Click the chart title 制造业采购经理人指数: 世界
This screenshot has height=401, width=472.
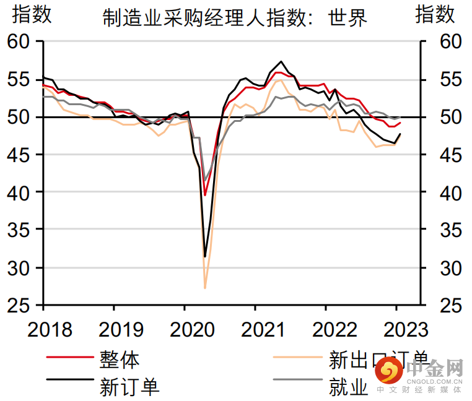coord(235,18)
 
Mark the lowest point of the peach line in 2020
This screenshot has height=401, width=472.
coord(205,288)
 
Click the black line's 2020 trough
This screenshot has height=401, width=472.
coord(205,256)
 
